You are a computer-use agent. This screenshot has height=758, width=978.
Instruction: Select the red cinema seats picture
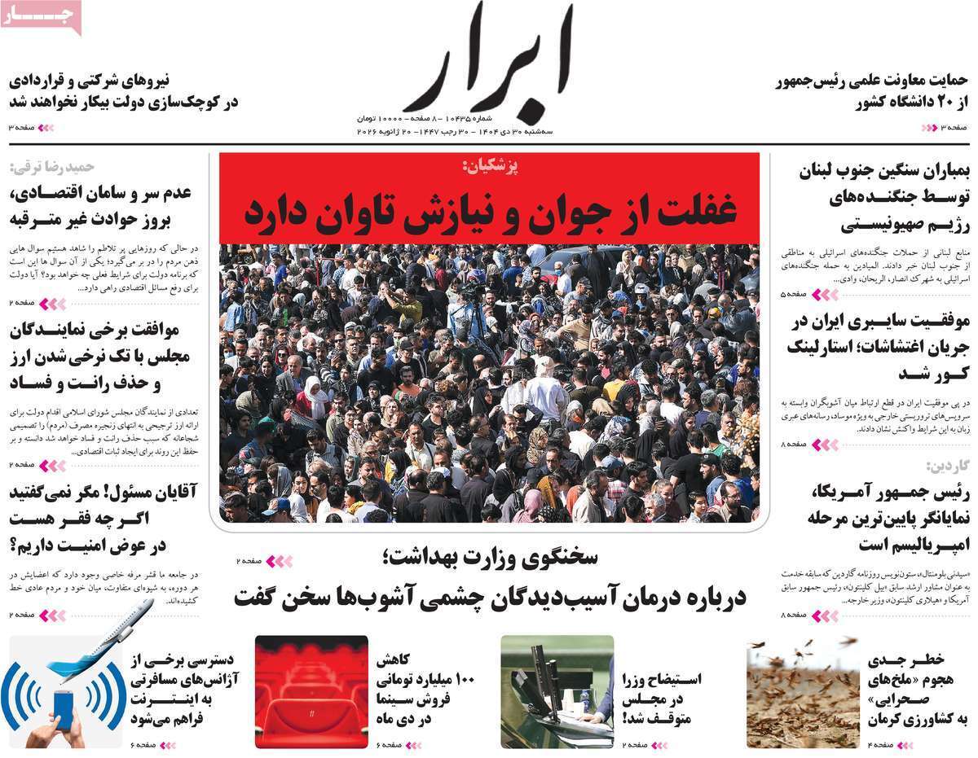311,691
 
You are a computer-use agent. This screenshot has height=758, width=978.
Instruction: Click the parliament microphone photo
557,691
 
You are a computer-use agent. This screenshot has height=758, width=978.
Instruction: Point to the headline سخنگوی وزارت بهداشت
489,558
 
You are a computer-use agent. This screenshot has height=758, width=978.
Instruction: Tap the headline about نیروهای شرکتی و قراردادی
122,92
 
